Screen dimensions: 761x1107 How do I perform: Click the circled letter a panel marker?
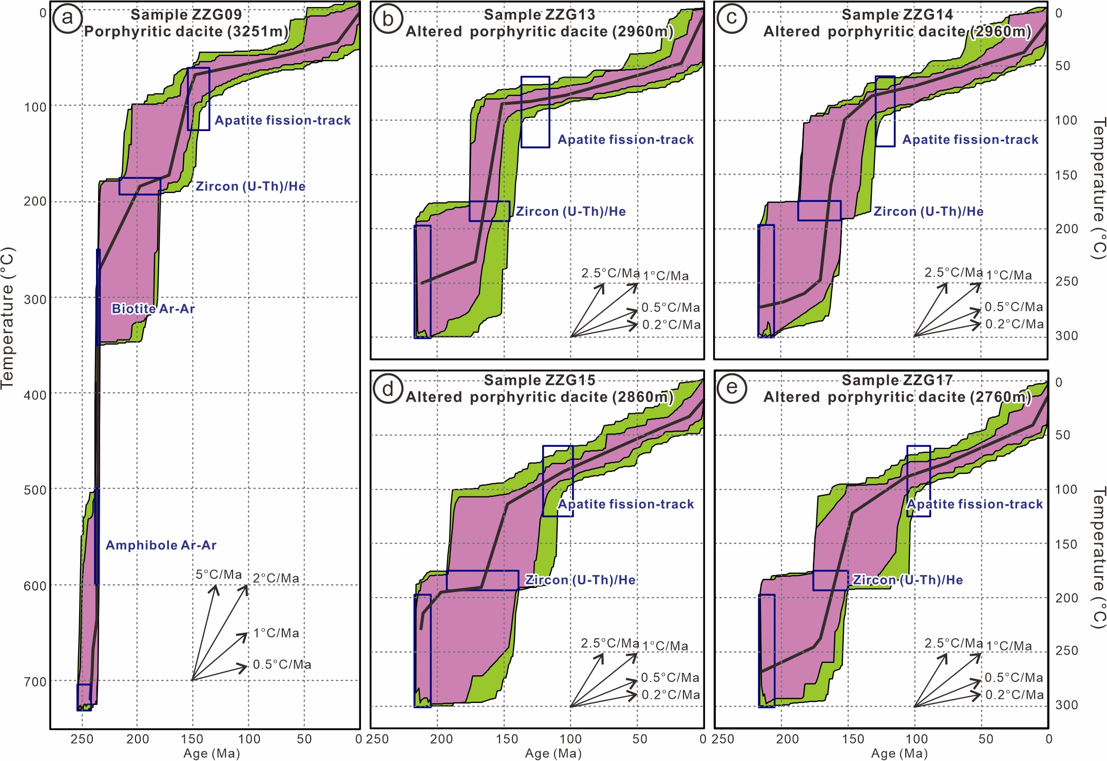[x=67, y=18]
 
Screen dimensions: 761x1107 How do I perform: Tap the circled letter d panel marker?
[x=388, y=389]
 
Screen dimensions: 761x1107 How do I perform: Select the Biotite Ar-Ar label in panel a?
[x=153, y=309]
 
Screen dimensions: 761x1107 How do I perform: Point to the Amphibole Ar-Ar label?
[x=161, y=545]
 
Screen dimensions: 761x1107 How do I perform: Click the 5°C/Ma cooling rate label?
[x=219, y=575]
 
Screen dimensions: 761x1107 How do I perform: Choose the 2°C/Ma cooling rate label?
[x=276, y=578]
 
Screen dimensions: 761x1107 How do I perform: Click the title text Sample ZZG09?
[x=186, y=14]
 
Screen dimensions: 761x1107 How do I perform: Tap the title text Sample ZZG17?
[x=897, y=380]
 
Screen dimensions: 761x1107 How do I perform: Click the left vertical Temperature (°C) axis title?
[x=8, y=318]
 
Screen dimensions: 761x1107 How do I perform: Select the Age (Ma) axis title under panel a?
[x=212, y=753]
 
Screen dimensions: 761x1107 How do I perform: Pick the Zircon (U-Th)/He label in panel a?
[x=251, y=186]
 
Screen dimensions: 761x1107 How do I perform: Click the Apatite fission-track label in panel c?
[x=970, y=140]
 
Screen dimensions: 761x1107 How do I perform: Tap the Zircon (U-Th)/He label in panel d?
[x=580, y=580]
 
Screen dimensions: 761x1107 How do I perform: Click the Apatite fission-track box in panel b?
[x=535, y=112]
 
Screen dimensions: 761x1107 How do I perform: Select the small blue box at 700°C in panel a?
[x=84, y=697]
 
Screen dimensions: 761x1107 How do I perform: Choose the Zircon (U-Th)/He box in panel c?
[x=819, y=211]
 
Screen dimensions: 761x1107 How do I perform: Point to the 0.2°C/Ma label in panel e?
[x=1015, y=695]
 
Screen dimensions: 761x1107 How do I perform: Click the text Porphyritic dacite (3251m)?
[x=186, y=31]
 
